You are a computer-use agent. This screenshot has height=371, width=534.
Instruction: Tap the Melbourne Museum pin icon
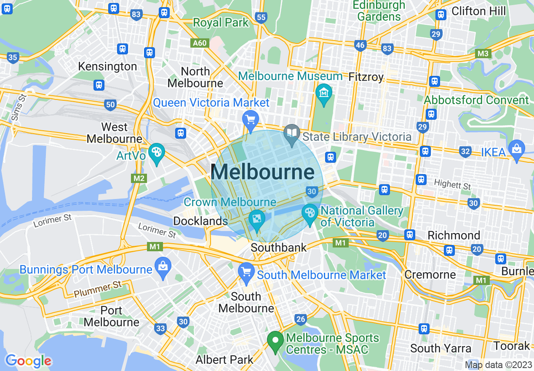[324, 91]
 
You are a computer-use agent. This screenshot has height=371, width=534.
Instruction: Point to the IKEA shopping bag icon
[516, 148]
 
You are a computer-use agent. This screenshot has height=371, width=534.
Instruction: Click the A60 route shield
[200, 43]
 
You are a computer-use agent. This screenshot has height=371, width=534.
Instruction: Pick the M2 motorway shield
[139, 178]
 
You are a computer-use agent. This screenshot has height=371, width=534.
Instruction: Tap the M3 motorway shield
[483, 54]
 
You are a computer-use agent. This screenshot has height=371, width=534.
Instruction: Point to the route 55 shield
[261, 17]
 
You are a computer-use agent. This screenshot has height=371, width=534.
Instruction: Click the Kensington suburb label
[107, 67]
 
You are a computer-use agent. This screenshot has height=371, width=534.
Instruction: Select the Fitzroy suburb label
[366, 77]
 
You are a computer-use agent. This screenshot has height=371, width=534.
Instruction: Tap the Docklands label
[200, 221]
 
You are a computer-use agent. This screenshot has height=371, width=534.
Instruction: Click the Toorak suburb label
[512, 346]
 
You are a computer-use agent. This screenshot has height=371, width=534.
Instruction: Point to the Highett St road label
[452, 185]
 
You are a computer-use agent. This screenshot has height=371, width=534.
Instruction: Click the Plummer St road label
[98, 290]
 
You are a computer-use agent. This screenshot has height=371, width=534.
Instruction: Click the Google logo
[28, 361]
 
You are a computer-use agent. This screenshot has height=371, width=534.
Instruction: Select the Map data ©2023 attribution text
[498, 365]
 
